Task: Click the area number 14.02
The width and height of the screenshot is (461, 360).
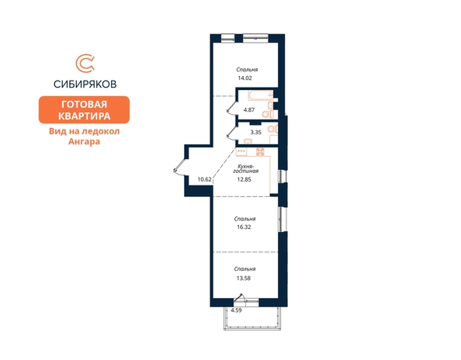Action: pos(245,78)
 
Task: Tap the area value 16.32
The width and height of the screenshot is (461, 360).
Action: pos(244,227)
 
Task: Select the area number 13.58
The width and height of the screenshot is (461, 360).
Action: pos(244,278)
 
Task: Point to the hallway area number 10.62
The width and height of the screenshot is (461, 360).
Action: pos(205,179)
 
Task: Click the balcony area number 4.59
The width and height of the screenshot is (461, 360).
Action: pos(236,310)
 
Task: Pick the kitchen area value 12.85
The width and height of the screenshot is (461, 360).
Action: pos(244,179)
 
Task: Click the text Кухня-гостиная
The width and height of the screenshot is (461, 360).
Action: pos(246,168)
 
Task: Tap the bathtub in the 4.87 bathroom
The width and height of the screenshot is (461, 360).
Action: pos(261,95)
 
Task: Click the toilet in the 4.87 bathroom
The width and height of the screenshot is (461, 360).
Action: pos(268,114)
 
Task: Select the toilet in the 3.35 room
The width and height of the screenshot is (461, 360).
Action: pos(272,129)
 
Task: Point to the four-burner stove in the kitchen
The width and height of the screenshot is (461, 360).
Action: pos(260,151)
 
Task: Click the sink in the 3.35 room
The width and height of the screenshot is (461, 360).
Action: pos(248,142)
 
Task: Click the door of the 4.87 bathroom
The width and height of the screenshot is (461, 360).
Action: pos(231,105)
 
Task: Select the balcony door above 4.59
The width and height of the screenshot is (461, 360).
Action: pos(239,297)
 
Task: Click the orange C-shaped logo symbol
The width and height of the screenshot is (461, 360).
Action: pos(85,63)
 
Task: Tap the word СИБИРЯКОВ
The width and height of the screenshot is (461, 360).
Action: pos(85,85)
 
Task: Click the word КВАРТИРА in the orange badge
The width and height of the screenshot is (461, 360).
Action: pos(84,116)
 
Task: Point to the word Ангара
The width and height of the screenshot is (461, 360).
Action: pos(84,141)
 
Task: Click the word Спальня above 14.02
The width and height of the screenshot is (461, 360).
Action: pos(247,70)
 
